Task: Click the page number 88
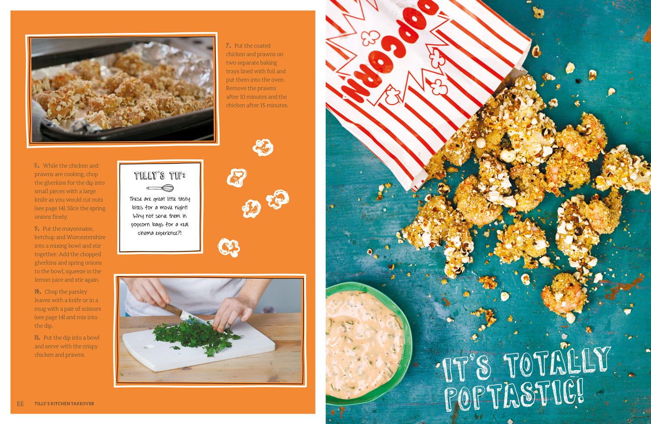(20, 404)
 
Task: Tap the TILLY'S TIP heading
(160, 176)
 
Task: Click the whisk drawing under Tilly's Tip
(160, 188)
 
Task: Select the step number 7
(228, 46)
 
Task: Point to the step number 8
(37, 166)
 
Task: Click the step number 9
(36, 229)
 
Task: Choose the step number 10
(38, 291)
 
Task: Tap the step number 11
(37, 338)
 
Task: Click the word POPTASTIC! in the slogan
(514, 395)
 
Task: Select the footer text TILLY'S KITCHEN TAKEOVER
(64, 404)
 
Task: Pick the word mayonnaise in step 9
(78, 229)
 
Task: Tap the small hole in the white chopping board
(149, 347)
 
